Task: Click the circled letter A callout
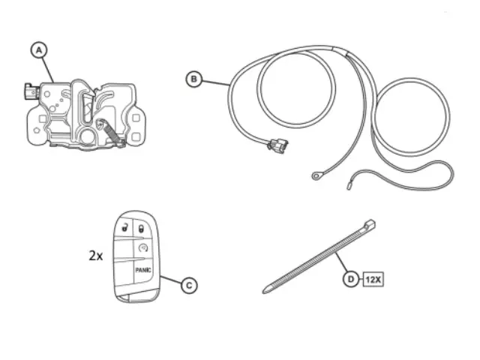click(39, 50)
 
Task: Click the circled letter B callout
click(194, 79)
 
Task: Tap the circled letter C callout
click(189, 285)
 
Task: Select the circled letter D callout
click(351, 279)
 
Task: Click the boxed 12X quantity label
click(373, 279)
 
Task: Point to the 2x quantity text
click(96, 255)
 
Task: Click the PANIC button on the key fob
click(143, 270)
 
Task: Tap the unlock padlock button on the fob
click(124, 227)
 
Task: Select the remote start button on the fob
click(143, 247)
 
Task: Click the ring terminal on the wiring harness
click(316, 176)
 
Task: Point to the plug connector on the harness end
click(278, 145)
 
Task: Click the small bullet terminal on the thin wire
click(349, 185)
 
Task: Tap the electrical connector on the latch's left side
click(30, 91)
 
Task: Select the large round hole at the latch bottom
click(88, 136)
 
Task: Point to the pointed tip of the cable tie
click(265, 290)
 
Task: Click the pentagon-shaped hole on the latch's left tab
click(37, 130)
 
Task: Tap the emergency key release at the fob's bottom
click(124, 298)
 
